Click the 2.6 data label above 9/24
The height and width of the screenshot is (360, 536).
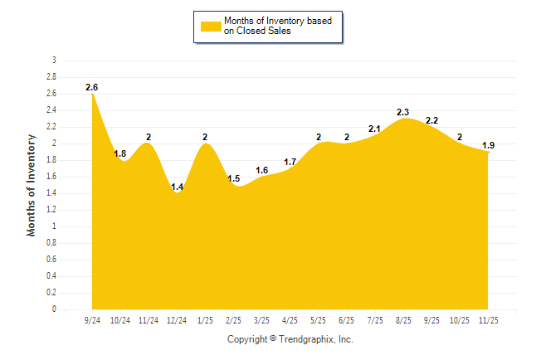tap(91, 87)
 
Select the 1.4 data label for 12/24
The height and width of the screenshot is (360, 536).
tap(177, 187)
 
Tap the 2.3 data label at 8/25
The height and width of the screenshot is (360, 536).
tap(403, 112)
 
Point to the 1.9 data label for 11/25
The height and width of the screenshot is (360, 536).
tap(489, 145)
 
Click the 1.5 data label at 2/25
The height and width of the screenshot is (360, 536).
tap(233, 178)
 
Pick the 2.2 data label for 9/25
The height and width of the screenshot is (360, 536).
tap(431, 120)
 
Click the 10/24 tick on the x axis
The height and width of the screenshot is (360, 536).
tap(120, 319)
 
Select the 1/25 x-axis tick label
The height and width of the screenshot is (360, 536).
tap(205, 319)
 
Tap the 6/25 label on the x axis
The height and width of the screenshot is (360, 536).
tap(347, 319)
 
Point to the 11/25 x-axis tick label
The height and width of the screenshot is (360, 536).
tap(489, 319)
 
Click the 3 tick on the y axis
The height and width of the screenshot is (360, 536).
tap(54, 61)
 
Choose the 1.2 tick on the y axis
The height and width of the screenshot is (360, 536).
tap(51, 210)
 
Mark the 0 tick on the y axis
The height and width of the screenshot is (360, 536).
tap(54, 309)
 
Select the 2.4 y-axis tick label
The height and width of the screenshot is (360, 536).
tap(51, 110)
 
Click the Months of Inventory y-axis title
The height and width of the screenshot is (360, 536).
tap(32, 185)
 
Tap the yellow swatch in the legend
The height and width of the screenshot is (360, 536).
tap(211, 26)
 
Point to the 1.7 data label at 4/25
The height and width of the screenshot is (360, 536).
tap(290, 162)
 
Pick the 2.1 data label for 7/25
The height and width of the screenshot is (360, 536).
tap(375, 129)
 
